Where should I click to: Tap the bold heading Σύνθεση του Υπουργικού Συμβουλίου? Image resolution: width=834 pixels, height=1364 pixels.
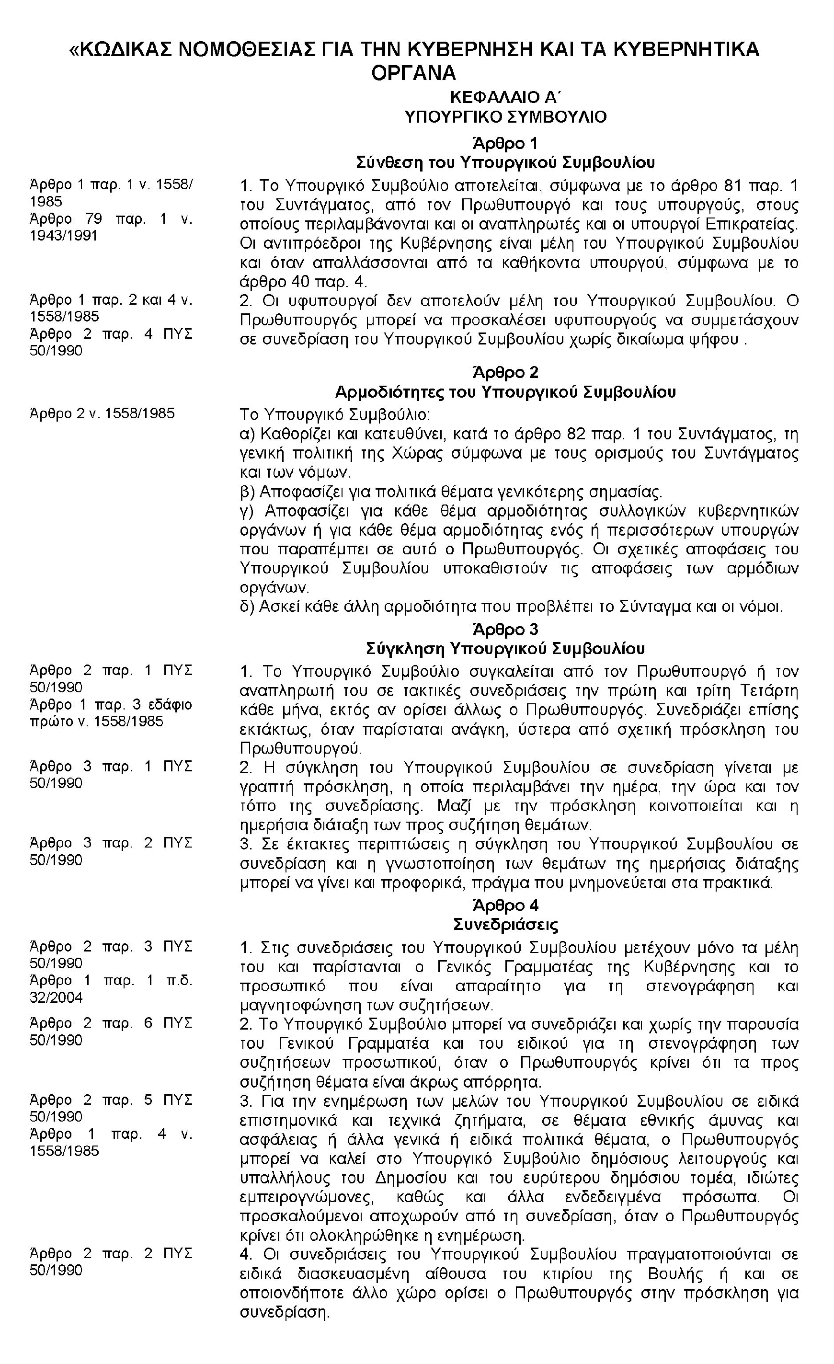[505, 163]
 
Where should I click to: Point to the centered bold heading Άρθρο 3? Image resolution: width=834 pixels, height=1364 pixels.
[505, 630]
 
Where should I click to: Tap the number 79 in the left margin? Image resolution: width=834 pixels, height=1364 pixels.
[93, 218]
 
